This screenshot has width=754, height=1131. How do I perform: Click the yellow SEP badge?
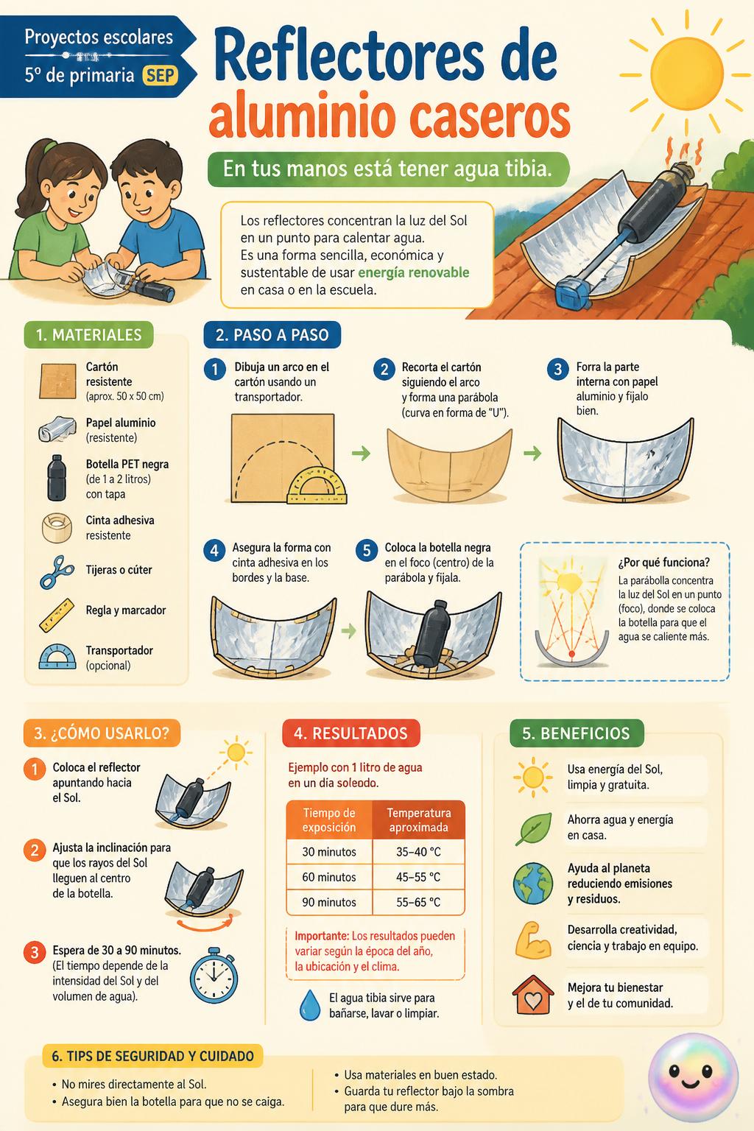[161, 76]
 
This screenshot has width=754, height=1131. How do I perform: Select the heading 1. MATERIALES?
[88, 335]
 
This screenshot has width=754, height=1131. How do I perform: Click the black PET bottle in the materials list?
[56, 477]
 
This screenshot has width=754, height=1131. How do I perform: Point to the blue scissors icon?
[56, 571]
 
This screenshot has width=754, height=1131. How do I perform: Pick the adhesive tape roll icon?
[56, 528]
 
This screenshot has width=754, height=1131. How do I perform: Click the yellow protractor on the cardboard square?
[317, 485]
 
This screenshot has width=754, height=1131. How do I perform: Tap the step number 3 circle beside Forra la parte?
[557, 369]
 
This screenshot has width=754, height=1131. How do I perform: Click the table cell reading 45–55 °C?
[418, 876]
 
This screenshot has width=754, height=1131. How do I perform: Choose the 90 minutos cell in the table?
[329, 902]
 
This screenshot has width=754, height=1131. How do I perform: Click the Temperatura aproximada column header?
[419, 820]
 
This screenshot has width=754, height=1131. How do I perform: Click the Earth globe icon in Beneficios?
[533, 883]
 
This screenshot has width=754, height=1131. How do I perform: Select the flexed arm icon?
[533, 940]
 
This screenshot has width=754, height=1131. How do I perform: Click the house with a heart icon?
[533, 995]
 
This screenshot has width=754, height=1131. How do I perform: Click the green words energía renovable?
[414, 272]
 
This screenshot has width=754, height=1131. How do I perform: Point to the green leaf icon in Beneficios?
[533, 828]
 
